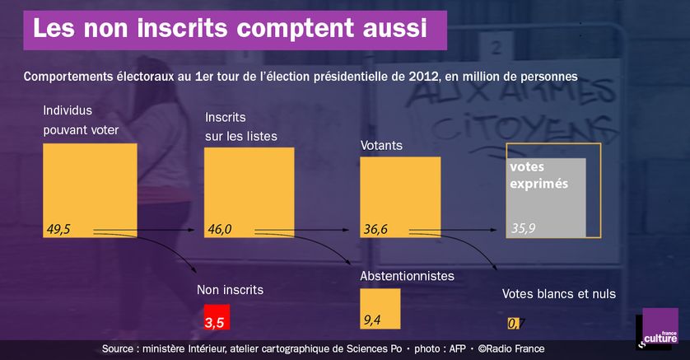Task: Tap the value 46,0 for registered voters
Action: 218,229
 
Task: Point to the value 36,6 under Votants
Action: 375,229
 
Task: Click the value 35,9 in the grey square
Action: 524,228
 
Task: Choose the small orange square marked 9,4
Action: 380,309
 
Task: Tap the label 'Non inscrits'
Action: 231,289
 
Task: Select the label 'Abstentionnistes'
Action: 407,276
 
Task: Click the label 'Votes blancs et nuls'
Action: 559,293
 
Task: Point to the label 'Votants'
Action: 381,146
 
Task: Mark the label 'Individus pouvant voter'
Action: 81,119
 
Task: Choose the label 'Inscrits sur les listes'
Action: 240,126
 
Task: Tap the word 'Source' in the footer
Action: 119,349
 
